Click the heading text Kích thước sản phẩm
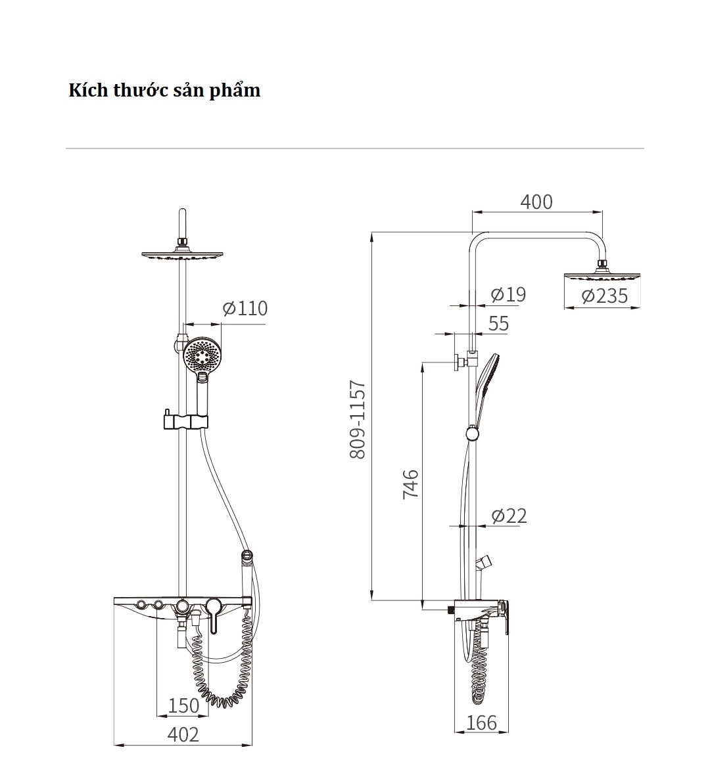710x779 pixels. (164, 90)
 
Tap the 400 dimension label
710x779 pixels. (536, 202)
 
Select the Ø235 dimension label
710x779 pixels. (604, 296)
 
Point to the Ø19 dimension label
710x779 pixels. (508, 294)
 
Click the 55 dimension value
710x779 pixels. (499, 323)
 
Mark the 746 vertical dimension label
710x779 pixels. (410, 483)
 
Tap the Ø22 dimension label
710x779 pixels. (509, 516)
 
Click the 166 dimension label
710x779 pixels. (481, 723)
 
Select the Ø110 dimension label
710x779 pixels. (245, 308)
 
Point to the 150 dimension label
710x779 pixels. (183, 705)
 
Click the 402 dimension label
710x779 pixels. (183, 734)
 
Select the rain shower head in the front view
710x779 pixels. (183, 255)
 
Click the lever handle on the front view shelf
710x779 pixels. (213, 613)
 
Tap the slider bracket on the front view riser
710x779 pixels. (184, 422)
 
